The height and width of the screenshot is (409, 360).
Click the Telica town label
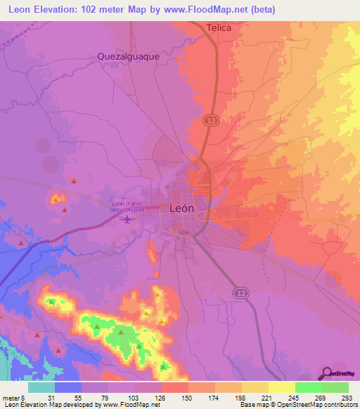coord(219,27)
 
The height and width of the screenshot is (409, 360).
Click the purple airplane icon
coord(127,221)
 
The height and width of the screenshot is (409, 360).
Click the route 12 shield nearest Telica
coord(210,121)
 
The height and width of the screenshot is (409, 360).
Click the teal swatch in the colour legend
coord(41,387)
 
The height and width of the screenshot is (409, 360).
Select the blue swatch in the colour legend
coord(68,387)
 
